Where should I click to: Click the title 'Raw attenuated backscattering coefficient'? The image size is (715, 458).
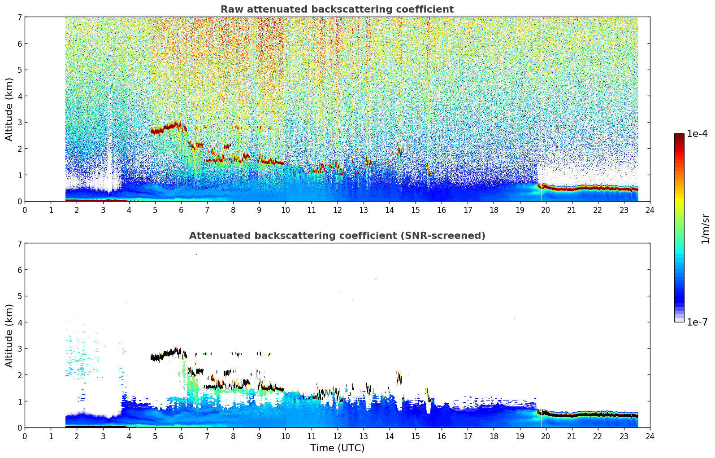[337, 9]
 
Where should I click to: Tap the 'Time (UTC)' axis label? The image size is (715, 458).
[337, 448]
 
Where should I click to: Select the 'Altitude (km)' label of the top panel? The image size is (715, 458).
[9, 109]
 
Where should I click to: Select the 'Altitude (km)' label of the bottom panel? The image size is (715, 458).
[9, 335]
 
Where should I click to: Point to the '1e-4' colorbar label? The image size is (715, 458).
[697, 134]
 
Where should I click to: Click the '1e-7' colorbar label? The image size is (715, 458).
[697, 322]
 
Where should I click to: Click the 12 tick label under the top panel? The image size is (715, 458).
[337, 210]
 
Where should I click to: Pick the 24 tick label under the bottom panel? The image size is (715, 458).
[650, 436]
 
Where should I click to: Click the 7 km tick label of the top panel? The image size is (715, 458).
[19, 18]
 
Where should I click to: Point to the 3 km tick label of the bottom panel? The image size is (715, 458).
[19, 349]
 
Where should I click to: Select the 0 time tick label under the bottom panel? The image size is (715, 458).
[25, 436]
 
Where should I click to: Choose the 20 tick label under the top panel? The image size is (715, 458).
[546, 210]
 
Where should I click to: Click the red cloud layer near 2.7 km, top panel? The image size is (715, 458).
[166, 129]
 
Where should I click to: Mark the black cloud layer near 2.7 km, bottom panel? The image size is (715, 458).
[166, 355]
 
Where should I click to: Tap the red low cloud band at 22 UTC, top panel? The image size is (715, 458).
[598, 188]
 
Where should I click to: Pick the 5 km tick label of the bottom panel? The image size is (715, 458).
[19, 296]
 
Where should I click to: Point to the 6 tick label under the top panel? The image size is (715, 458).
[181, 210]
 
